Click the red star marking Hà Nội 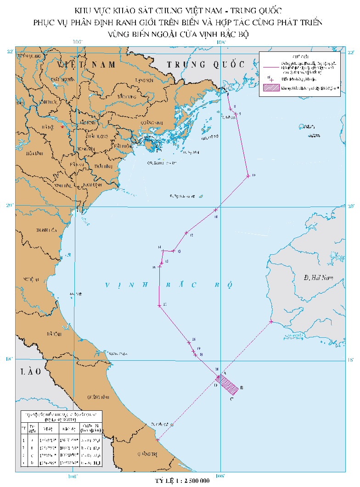62,127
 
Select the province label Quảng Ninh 149,123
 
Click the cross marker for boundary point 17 159,306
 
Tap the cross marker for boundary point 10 247,176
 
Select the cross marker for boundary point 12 186,233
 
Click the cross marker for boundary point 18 189,342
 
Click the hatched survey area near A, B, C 228,384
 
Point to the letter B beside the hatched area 242,388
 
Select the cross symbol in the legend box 272,79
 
